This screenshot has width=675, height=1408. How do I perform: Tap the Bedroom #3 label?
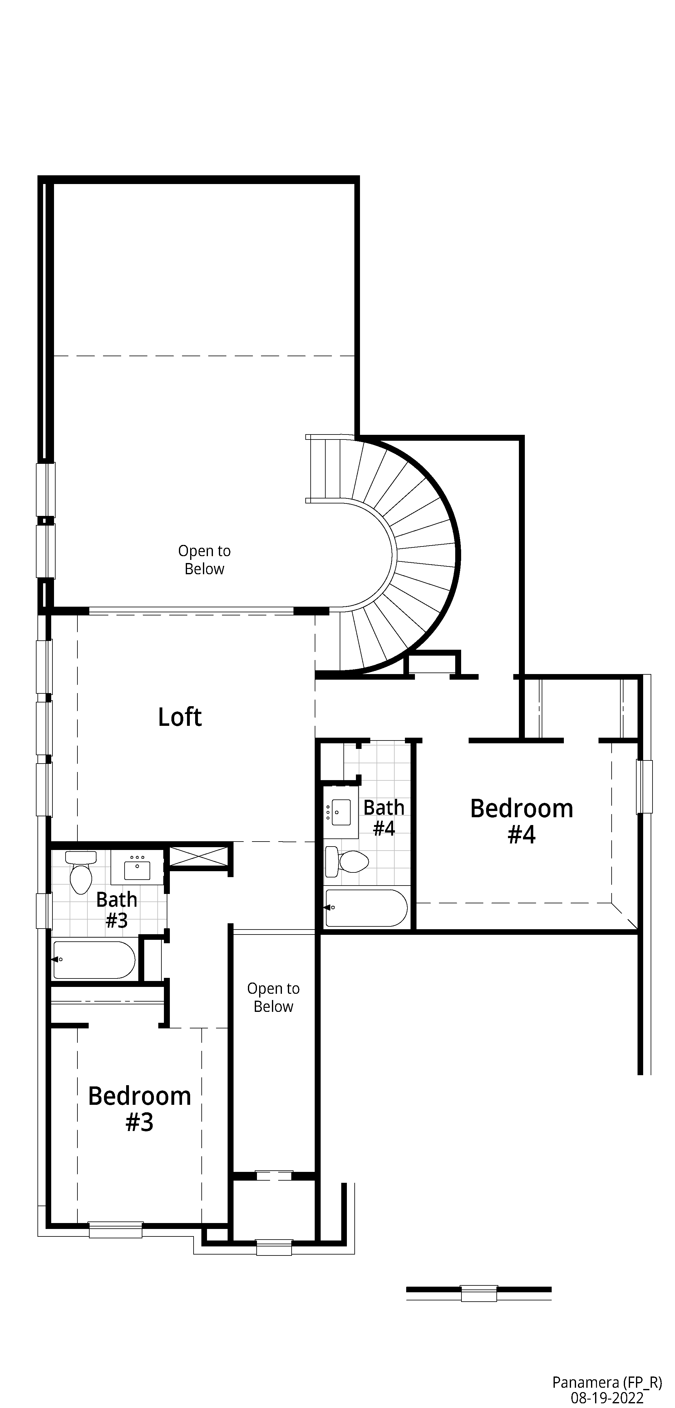(140, 1109)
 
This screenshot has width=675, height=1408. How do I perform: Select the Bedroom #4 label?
(521, 821)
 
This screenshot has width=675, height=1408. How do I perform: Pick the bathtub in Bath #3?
(94, 960)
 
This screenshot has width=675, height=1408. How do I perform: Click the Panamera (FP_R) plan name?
(607, 1382)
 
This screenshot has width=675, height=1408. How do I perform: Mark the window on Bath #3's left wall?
(44, 910)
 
